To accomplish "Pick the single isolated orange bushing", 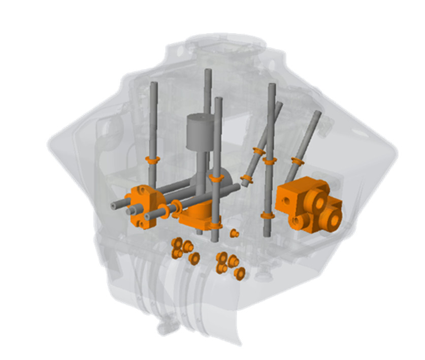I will pos(235,233).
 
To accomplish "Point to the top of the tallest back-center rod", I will pos(207,72).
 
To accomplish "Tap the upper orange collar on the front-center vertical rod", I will pos(217,178).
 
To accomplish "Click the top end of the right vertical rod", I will pos(272,87).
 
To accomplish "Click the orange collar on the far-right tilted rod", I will pos(297,162).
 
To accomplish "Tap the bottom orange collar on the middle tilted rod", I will pos(247,179).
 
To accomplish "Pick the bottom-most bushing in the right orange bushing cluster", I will pos(239,273).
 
